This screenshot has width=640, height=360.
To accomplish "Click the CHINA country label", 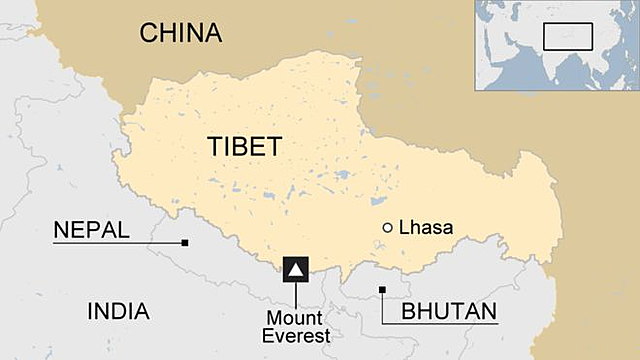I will coord(180,33).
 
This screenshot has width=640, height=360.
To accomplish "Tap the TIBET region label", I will coord(245,146).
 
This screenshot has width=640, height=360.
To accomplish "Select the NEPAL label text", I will coord(91,230).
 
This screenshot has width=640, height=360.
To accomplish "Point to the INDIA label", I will coord(118,311).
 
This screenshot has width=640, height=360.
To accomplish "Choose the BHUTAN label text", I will coord(449,311).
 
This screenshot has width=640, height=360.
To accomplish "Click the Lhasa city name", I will coord(426,228).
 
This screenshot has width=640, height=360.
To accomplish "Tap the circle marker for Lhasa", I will coord(388,228).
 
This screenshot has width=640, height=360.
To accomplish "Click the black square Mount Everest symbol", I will coord(296,269).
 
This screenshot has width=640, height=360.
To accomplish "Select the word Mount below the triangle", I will coord(294,318).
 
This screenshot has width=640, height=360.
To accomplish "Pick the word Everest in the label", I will coord(296,336).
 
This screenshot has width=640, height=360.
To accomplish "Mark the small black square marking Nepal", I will coord(185,242).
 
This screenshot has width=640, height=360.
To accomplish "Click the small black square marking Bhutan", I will coord(381,290).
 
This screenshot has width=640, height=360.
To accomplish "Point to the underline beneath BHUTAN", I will coord(440,324).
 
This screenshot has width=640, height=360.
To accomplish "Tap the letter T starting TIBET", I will coord(215,146).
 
